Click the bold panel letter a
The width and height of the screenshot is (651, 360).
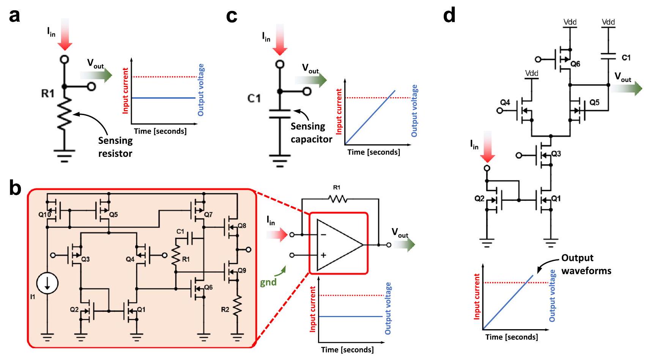tap(14, 16)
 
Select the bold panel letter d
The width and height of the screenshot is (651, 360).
tap(449, 16)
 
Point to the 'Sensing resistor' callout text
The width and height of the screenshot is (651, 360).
tap(115, 147)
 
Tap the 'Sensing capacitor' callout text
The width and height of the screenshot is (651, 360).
tap(311, 133)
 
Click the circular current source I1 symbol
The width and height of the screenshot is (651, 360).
tap(47, 283)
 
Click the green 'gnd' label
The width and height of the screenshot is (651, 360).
tap(268, 282)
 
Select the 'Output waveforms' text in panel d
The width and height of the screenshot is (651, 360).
tap(586, 264)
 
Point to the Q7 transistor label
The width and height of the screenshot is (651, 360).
tap(208, 215)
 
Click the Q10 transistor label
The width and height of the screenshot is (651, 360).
tap(44, 215)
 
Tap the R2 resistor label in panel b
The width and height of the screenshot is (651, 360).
tap(225, 309)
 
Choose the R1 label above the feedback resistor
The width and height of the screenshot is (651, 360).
tap(337, 188)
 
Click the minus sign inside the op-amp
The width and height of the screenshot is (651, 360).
tap(323, 235)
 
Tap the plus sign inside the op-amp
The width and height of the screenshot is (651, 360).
tap(323, 255)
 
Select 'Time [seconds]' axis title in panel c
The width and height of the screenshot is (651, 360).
tap(374, 152)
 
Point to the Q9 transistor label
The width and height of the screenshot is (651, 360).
tap(242, 270)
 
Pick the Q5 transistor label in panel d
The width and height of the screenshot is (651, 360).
tap(594, 103)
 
